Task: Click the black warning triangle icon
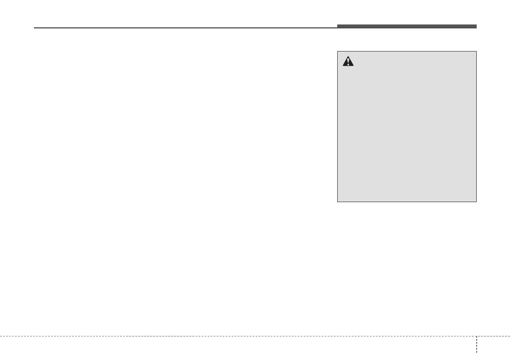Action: [348, 62]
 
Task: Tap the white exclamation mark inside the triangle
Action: [348, 62]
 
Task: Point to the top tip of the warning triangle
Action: [348, 57]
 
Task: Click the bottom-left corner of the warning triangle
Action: [343, 66]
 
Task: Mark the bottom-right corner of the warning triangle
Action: [354, 66]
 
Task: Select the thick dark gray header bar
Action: [406, 27]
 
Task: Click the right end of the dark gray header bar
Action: [476, 27]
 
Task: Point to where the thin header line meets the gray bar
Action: [337, 28]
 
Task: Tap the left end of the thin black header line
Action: [34, 28]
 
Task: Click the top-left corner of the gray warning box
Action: [337, 51]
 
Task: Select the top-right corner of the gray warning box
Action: [477, 51]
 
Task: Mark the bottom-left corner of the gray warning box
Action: [337, 202]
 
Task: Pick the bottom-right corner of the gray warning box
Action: [477, 202]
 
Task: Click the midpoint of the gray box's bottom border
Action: [407, 202]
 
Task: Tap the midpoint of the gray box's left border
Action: [337, 127]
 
